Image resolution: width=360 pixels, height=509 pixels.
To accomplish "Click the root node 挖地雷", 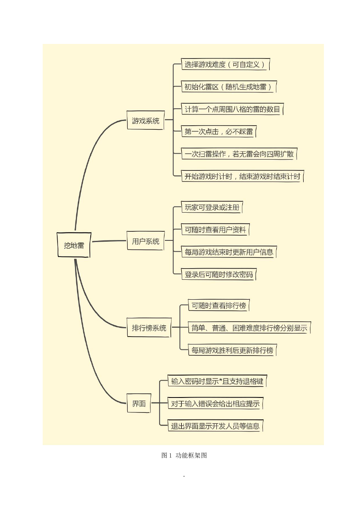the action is (74, 245).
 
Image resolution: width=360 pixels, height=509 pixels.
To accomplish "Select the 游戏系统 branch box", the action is (145, 120).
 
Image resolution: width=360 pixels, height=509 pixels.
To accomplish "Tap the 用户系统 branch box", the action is (145, 241).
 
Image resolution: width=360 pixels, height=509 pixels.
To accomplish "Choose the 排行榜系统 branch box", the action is (149, 327).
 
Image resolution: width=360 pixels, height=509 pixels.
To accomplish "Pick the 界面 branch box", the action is (139, 403).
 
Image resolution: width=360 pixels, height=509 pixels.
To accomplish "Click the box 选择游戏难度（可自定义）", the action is (225, 64).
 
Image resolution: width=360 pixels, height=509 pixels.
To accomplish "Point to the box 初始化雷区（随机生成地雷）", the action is (229, 87).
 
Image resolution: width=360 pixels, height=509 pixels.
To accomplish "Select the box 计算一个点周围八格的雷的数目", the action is (232, 109).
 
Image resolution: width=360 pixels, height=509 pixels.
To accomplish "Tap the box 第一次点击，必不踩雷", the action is (219, 131).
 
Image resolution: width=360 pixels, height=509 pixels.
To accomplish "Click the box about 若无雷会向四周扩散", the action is (239, 154).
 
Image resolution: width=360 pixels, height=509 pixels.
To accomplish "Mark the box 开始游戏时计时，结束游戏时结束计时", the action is (243, 176).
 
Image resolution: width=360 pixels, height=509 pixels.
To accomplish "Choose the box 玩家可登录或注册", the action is (212, 207).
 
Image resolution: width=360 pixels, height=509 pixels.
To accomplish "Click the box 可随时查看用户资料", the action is (215, 230).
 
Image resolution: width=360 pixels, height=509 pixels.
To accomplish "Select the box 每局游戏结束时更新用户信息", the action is (229, 252).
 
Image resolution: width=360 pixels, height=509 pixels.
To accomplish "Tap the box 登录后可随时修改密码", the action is (219, 274).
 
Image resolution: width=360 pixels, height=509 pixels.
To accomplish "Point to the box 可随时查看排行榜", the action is (219, 305).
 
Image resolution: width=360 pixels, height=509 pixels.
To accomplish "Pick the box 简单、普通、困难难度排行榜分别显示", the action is (249, 328).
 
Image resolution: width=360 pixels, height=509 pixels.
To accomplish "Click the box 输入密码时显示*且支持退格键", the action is (217, 381).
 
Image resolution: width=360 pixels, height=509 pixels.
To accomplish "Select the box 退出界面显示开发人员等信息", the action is (215, 426).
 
